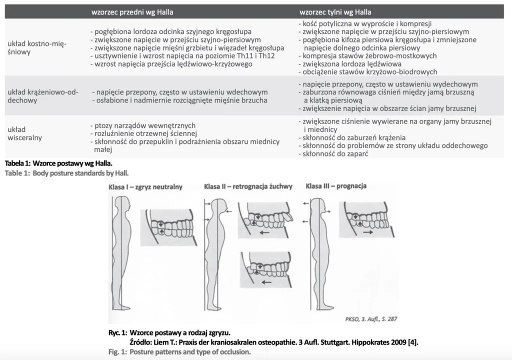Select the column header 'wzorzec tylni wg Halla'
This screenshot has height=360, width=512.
(x=335, y=11)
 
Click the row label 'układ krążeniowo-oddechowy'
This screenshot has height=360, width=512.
(x=40, y=96)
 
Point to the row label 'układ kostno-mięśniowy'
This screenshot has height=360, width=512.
(x=37, y=47)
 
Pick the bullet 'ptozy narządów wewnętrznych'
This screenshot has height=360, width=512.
(x=145, y=125)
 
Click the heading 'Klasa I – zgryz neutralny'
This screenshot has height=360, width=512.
(x=145, y=187)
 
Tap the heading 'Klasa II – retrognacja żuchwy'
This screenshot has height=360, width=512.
(x=248, y=187)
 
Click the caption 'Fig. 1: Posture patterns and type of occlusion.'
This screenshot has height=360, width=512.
(x=179, y=351)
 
